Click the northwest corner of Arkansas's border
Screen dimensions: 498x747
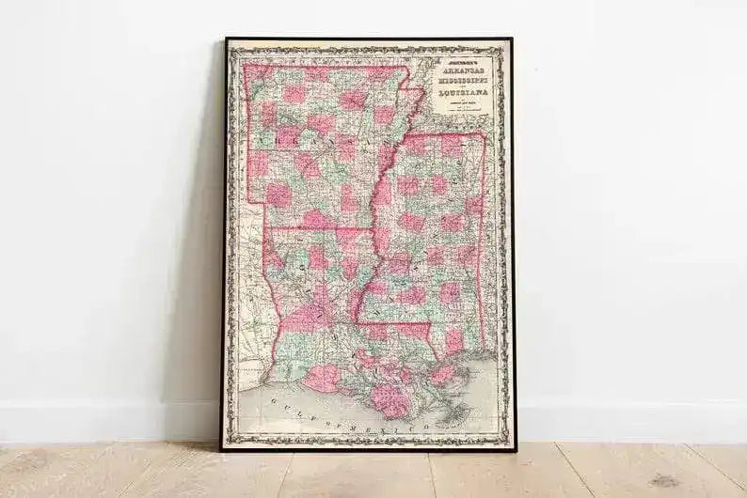point(246,66)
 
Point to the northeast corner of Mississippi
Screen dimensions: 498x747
point(484,133)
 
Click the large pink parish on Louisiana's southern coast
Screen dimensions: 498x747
point(389,399)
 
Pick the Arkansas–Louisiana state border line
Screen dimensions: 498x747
point(315,228)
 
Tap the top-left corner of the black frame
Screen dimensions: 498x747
point(225,39)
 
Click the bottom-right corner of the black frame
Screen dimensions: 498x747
point(515,450)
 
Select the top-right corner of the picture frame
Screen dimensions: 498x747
point(512,39)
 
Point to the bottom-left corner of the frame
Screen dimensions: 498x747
point(222,450)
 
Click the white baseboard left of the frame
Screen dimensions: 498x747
point(103,422)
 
